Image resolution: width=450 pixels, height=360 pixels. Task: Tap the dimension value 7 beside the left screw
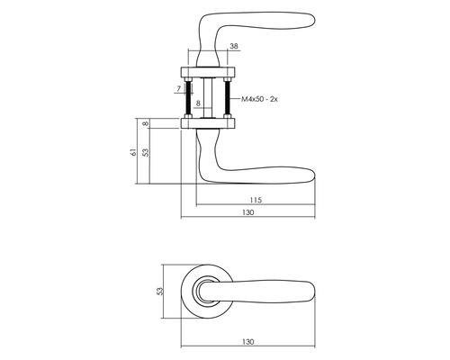tap(179, 91)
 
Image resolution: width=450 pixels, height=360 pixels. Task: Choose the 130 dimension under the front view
tap(248, 342)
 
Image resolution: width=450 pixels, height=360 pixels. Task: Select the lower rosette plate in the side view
tap(207, 124)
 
